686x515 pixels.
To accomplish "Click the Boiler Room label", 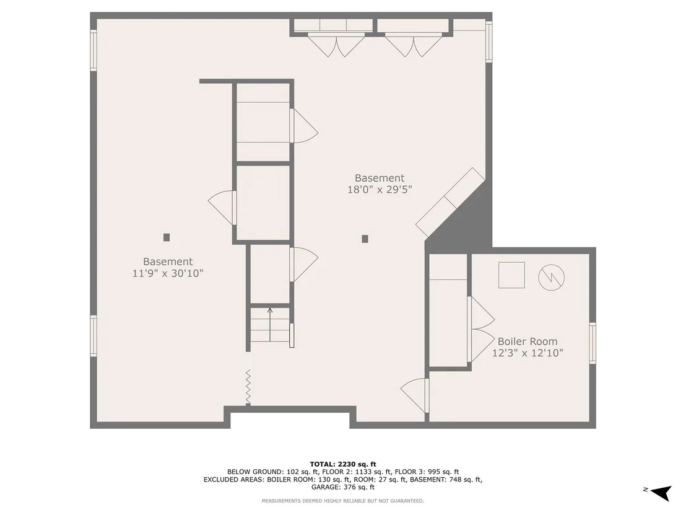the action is coord(527,341).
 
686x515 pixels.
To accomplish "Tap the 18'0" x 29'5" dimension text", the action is coord(380,190).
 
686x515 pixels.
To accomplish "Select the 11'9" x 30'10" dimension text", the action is coord(168,273).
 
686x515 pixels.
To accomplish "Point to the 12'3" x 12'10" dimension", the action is coord(527,353).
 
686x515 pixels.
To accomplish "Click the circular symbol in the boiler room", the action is coord(551,277).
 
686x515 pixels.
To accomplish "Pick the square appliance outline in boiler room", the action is coord(511,275).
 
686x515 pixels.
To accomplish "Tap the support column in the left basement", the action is coord(167,237).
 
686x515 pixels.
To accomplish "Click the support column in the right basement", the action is coord(365,239).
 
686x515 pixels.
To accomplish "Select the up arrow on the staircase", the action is coord(270,325).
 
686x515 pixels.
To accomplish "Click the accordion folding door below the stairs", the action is coord(248,386).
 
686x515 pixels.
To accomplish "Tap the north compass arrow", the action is coord(661,492).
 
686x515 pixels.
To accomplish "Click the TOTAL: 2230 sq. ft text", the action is coord(343,464).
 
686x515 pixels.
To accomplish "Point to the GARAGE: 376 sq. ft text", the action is coord(343,487).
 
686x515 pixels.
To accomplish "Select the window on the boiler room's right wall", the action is coord(593,343).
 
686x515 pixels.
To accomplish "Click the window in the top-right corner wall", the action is coord(489,42).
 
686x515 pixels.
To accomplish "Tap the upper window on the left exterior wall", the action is coord(93,50).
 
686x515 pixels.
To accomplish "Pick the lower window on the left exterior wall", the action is coord(93,337).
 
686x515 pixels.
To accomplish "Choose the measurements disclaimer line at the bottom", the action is coord(343,501).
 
